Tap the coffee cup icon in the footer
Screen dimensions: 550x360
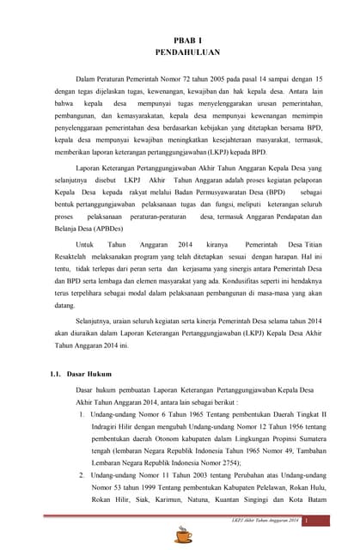(183, 535)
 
